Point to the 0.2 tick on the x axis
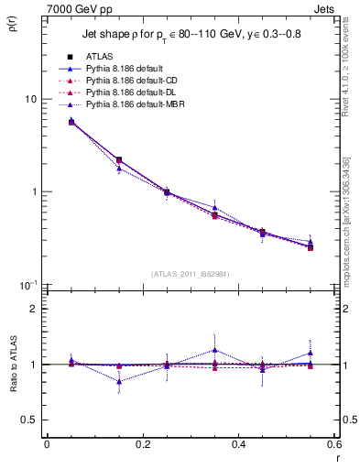pyautogui.click(x=142, y=444)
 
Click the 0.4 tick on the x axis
pyautogui.click(x=239, y=444)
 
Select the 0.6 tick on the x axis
pyautogui.click(x=334, y=444)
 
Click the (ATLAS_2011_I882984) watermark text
pyautogui.click(x=191, y=273)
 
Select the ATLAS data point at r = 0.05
pyautogui.click(x=71, y=121)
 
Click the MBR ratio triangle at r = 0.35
pyautogui.click(x=214, y=350)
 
